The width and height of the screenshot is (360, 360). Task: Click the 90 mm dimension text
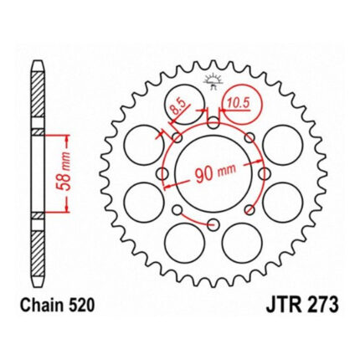pos(215,174)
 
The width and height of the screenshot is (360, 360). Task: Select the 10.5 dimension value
pos(238,103)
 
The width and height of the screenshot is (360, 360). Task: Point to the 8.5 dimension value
pos(179,107)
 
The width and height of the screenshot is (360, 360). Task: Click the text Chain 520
pos(57,306)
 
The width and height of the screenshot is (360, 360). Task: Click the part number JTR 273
pos(302,305)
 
